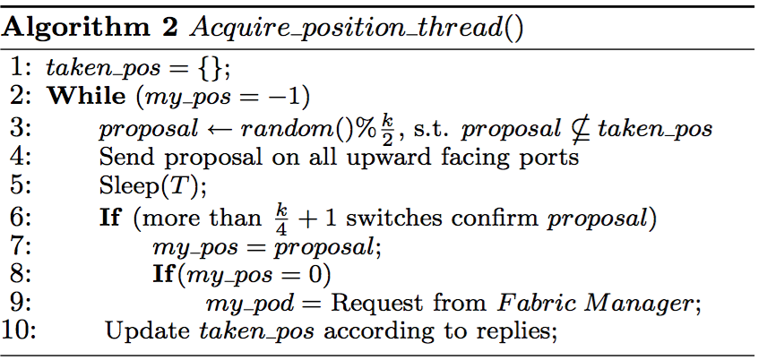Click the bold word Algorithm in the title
(63, 27)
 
